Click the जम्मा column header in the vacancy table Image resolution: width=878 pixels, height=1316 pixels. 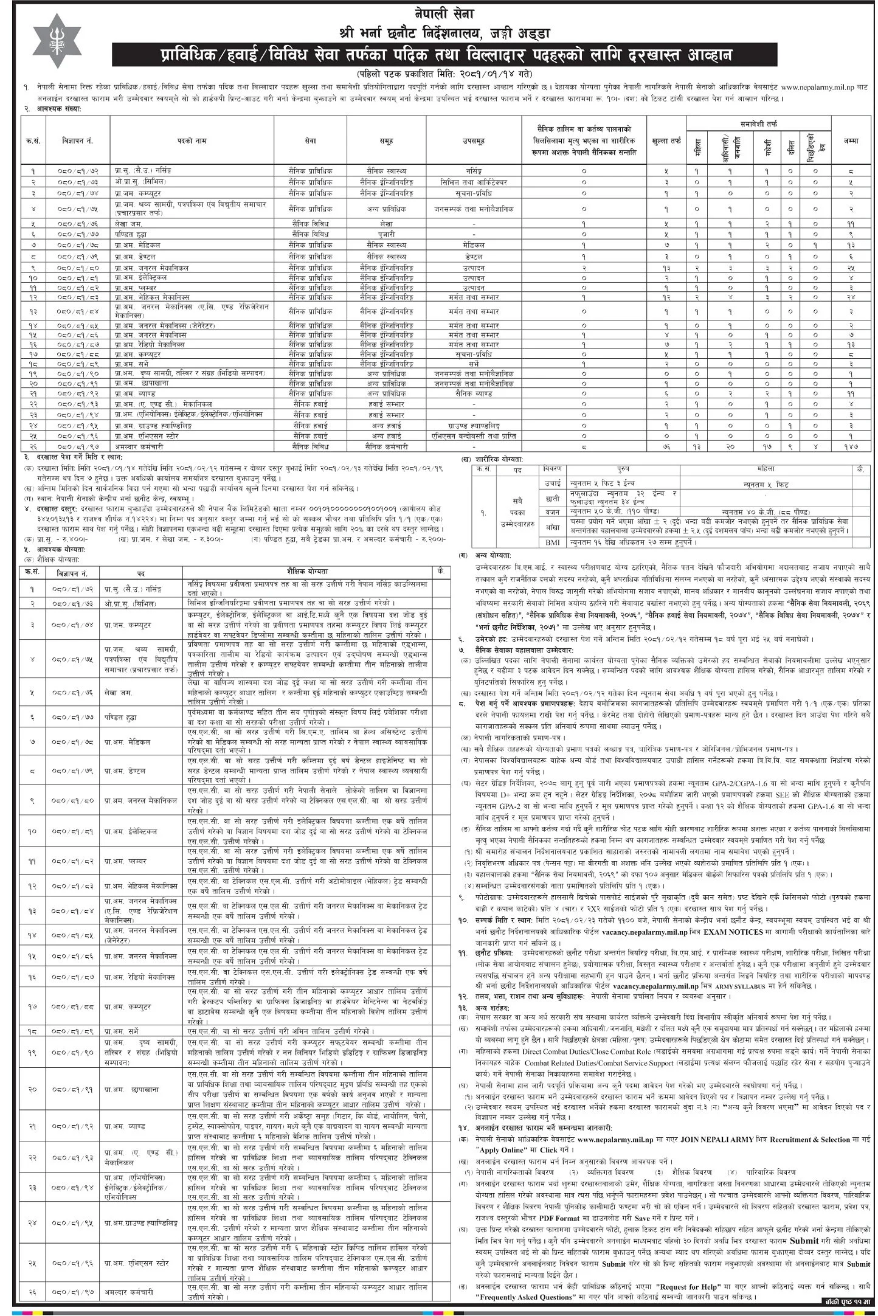pyautogui.click(x=851, y=140)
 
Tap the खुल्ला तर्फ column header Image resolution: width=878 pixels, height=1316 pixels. pyautogui.click(x=666, y=141)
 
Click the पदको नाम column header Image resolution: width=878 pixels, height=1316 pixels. pyautogui.click(x=192, y=141)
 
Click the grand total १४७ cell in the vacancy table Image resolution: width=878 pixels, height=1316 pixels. pyautogui.click(x=851, y=446)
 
